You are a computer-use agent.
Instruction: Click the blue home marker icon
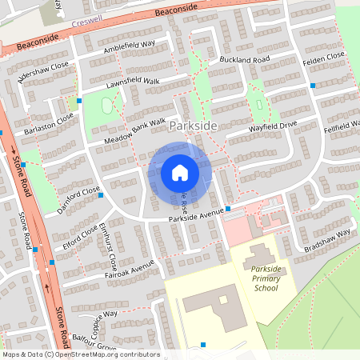tap(180, 172)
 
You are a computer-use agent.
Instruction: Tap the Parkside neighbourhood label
tap(194, 126)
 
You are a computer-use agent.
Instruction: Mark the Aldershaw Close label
tap(38, 74)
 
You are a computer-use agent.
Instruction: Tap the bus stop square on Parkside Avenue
tap(228, 209)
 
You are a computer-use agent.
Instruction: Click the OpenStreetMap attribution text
tap(81, 354)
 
